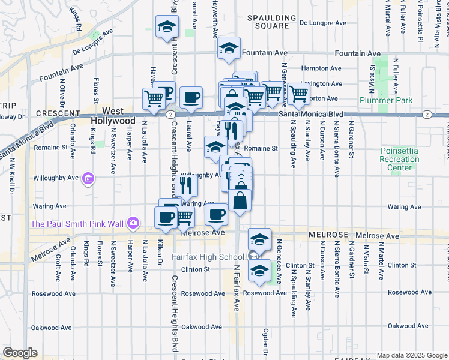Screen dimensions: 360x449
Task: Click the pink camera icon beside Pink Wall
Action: [132, 224]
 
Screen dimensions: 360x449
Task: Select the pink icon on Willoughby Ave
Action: [88, 178]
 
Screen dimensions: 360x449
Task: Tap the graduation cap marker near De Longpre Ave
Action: [166, 27]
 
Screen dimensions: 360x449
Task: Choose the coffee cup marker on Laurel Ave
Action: [191, 97]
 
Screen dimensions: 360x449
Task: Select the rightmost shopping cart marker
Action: [298, 94]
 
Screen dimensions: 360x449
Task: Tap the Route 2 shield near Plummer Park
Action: [426, 114]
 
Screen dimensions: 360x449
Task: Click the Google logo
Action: [20, 353]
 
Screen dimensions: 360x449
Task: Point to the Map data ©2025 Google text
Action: [412, 355]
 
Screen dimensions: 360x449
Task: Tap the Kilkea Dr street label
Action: [160, 253]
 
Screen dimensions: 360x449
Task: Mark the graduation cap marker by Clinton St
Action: [259, 270]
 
